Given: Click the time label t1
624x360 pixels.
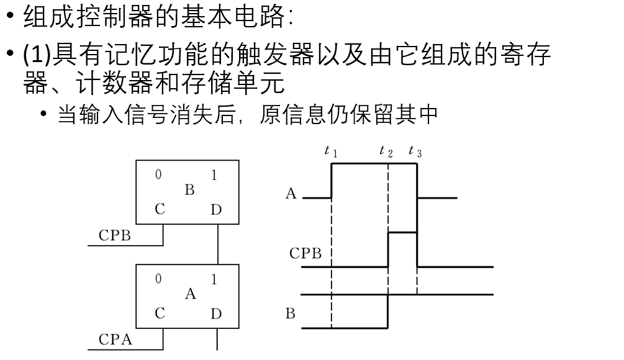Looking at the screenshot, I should pyautogui.click(x=331, y=151).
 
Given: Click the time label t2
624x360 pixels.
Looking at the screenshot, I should pyautogui.click(x=386, y=151).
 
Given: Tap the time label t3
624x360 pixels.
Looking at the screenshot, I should pyautogui.click(x=415, y=151).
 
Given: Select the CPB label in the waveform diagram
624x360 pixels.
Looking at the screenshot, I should pyautogui.click(x=305, y=253).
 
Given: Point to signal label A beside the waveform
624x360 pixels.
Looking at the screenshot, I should pyautogui.click(x=291, y=194).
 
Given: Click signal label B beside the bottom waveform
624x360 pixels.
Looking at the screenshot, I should pyautogui.click(x=291, y=313).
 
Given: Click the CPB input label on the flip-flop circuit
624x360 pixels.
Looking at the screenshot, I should pyautogui.click(x=115, y=236).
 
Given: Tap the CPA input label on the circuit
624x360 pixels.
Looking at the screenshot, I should pyautogui.click(x=115, y=340).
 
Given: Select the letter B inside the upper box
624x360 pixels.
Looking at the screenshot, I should pyautogui.click(x=189, y=191).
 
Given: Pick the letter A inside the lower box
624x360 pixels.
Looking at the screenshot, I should pyautogui.click(x=190, y=294).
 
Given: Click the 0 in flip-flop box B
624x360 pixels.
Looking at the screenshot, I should pyautogui.click(x=158, y=175).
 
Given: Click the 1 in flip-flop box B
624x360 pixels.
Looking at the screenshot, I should pyautogui.click(x=214, y=176).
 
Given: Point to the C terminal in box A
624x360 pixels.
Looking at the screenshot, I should pyautogui.click(x=160, y=313).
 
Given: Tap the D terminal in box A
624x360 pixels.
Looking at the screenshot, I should pyautogui.click(x=215, y=314).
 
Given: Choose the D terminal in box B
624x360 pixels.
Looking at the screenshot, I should pyautogui.click(x=215, y=210).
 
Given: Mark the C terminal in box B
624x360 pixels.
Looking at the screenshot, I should pyautogui.click(x=160, y=210).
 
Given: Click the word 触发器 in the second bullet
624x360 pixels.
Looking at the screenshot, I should pyautogui.click(x=263, y=56).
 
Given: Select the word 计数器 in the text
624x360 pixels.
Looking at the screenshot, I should pyautogui.click(x=119, y=83).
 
